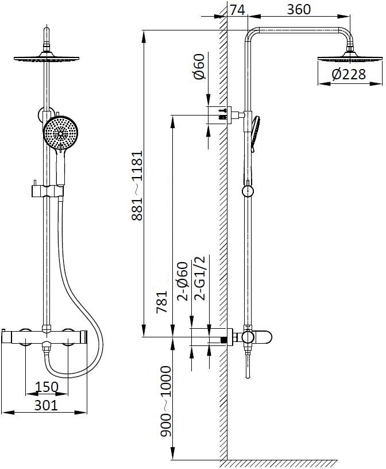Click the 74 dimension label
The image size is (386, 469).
pyautogui.click(x=238, y=10)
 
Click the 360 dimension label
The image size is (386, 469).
pyautogui.click(x=299, y=10)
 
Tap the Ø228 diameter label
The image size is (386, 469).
pyautogui.click(x=349, y=74)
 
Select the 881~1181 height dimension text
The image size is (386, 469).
pyautogui.click(x=137, y=186)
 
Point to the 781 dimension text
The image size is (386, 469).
pyautogui.click(x=162, y=302)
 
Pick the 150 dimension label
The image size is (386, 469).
pyautogui.click(x=47, y=386)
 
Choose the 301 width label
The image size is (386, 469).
pyautogui.click(x=46, y=405)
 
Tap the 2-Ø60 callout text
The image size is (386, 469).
pyautogui.click(x=183, y=281)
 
